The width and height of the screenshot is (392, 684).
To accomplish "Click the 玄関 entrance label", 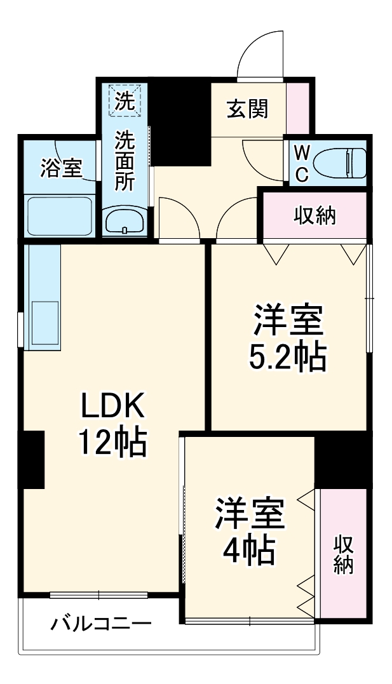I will tap(248, 109).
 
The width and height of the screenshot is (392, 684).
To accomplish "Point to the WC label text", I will tap(302, 164).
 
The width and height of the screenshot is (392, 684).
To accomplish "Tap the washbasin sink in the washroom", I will tap(125, 221).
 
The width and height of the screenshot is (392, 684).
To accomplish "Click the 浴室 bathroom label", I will tap(61, 169).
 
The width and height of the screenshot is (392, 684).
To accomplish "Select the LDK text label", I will tap(112, 405).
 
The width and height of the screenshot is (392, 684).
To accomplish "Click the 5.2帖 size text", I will tap(287, 359).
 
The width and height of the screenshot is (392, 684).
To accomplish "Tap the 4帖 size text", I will tap(248, 551).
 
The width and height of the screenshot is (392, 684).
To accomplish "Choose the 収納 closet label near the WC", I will tap(314, 217).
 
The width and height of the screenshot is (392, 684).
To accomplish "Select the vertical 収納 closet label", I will tap(344, 554).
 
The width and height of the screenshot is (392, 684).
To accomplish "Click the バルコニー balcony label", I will tap(102, 623).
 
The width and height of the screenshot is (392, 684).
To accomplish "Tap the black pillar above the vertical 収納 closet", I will tap(342, 460).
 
